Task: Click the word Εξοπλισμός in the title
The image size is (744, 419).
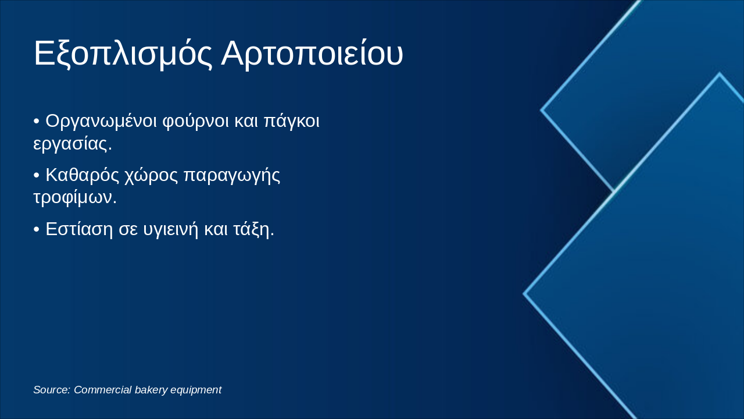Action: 123,54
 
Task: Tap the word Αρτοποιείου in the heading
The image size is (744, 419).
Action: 312,54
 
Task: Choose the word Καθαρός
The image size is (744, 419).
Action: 82,175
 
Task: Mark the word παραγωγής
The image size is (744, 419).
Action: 232,175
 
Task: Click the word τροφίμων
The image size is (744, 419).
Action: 74,197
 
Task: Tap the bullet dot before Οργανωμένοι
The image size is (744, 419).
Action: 37,122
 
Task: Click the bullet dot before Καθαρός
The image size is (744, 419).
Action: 37,176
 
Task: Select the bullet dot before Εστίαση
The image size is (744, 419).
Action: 37,230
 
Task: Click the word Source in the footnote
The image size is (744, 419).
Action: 51,390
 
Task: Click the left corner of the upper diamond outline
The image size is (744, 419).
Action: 542,109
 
